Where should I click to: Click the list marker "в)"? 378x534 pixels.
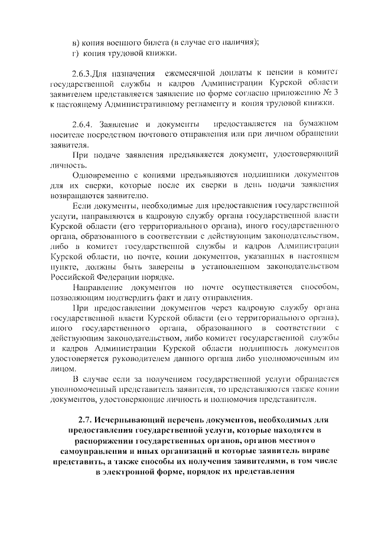75,43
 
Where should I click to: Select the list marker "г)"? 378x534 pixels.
75,54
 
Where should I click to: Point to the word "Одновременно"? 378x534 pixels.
99,175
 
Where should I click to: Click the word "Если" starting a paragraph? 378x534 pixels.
80,206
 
